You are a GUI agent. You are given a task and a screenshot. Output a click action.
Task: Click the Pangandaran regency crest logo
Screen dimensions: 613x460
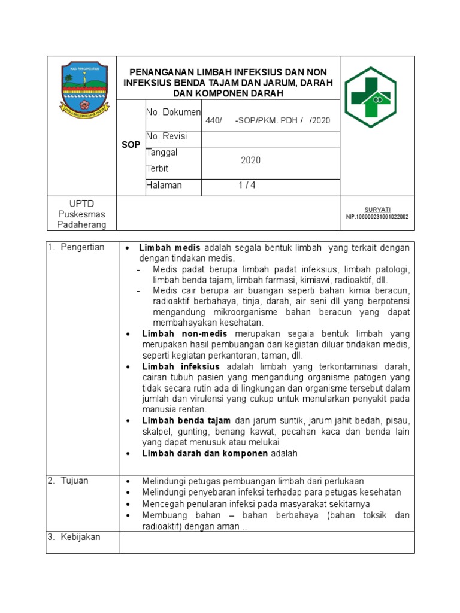[x=84, y=90]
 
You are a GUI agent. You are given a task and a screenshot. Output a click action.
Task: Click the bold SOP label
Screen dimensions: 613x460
[x=131, y=145]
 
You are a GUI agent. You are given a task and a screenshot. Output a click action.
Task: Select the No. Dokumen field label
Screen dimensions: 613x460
[x=173, y=112]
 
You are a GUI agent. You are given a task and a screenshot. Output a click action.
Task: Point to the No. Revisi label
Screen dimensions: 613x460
[x=167, y=136]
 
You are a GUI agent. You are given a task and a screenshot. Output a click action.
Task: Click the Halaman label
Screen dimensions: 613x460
[x=164, y=186]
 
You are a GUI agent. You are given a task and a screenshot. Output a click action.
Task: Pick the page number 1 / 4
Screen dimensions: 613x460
[x=247, y=186]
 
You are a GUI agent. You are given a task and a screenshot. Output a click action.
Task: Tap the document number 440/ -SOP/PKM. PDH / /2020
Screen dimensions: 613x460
[x=268, y=120]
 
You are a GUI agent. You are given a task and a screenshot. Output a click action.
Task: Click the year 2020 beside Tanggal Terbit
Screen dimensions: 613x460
[x=250, y=161]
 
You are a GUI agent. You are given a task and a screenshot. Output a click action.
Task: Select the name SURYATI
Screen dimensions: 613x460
[x=377, y=210]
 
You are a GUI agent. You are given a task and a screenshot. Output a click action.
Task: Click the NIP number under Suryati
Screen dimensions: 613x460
[x=377, y=217]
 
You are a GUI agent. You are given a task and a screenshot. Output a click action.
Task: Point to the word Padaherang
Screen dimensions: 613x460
[x=81, y=225]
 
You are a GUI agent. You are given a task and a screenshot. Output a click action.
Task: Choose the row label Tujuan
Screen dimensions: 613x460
[x=75, y=481]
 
